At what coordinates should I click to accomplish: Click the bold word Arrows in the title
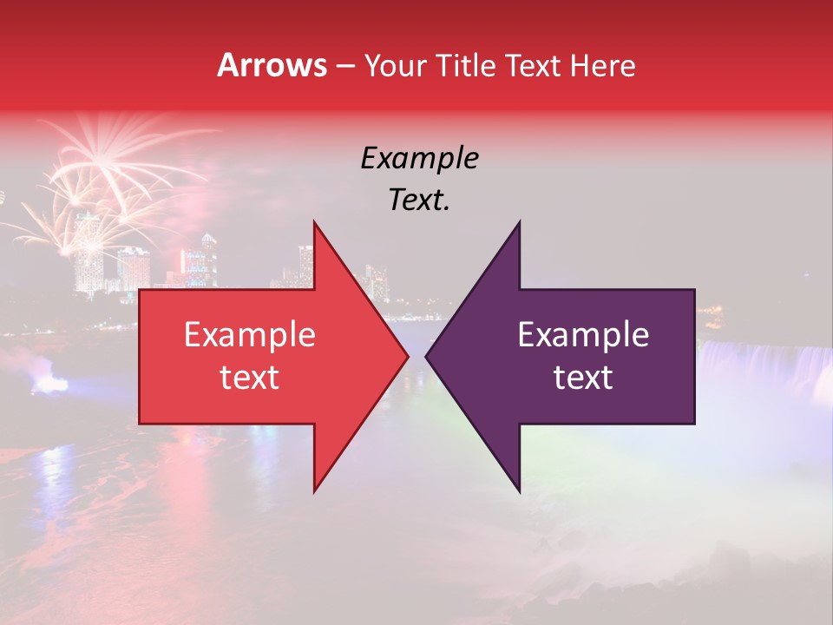click(x=272, y=66)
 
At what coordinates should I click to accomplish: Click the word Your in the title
click(x=395, y=66)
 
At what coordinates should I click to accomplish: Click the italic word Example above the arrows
click(x=419, y=159)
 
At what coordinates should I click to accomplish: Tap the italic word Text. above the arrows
click(x=419, y=201)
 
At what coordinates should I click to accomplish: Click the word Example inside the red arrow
click(x=250, y=335)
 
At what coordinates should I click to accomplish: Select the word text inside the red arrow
click(x=250, y=378)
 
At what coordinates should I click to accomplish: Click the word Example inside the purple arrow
click(x=583, y=335)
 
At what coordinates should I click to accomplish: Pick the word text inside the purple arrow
click(x=583, y=378)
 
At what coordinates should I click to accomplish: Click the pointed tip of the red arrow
click(x=406, y=356)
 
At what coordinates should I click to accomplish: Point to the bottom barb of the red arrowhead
click(x=316, y=486)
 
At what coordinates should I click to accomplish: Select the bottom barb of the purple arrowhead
click(x=518, y=486)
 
